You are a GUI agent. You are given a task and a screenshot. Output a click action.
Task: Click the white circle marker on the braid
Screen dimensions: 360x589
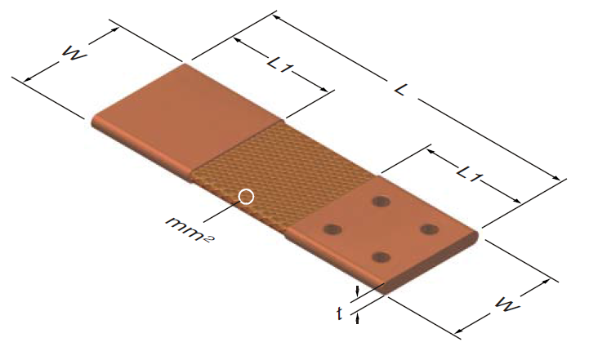[x=246, y=196]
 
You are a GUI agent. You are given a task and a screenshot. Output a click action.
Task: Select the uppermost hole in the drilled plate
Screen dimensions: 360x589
[x=380, y=201]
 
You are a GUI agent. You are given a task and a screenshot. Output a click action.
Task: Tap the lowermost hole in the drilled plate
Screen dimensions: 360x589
[x=380, y=257]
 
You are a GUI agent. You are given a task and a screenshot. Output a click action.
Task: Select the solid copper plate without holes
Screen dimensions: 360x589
[x=184, y=118]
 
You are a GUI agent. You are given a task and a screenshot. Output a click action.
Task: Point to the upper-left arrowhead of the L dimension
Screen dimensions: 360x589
[x=276, y=16]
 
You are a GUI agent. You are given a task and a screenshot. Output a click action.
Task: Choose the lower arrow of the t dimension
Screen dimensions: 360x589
[x=358, y=318]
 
